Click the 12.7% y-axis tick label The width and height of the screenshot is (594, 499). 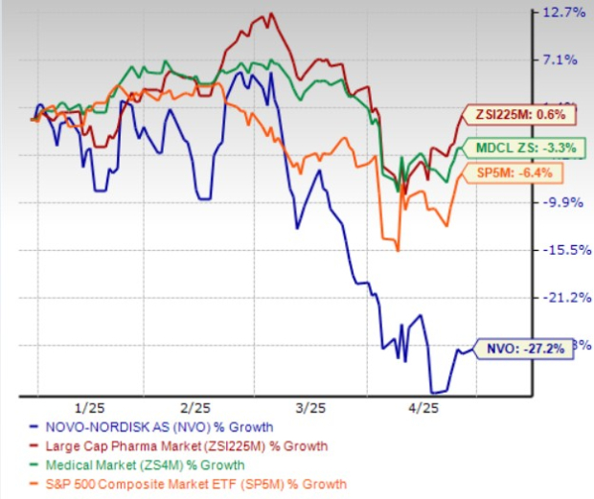click(x=563, y=13)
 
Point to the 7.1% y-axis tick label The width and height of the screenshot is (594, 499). click(x=563, y=60)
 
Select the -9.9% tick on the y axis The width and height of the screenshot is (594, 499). click(x=563, y=202)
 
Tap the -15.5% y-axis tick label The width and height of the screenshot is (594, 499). click(x=563, y=250)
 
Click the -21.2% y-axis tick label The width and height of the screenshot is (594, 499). click(x=563, y=297)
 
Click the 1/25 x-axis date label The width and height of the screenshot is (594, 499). click(x=100, y=406)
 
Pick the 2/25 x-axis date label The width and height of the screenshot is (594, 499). click(x=195, y=406)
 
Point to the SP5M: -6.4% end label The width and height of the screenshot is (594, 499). click(x=517, y=172)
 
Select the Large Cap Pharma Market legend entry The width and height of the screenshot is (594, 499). click(x=181, y=446)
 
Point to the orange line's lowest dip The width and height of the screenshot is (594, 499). click(x=397, y=250)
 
